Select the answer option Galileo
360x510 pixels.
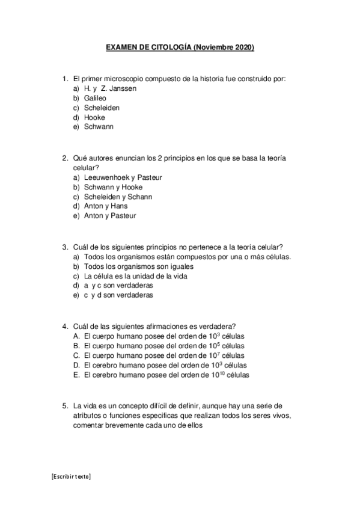pyautogui.click(x=96, y=98)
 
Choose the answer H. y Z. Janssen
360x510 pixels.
pyautogui.click(x=110, y=88)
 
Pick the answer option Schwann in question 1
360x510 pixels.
pyautogui.click(x=99, y=127)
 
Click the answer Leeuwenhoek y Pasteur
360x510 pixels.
pyautogui.click(x=123, y=177)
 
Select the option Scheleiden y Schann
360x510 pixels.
pyautogui.click(x=118, y=197)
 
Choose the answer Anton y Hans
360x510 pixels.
pyautogui.click(x=106, y=206)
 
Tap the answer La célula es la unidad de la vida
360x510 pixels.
pyautogui.click(x=136, y=276)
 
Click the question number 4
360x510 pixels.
pyautogui.click(x=65, y=326)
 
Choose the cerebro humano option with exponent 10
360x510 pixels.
pyautogui.click(x=166, y=375)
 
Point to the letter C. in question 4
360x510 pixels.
pyautogui.click(x=77, y=355)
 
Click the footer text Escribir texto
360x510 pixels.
pyautogui.click(x=71, y=476)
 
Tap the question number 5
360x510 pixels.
pyautogui.click(x=65, y=405)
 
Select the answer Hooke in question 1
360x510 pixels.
pyautogui.click(x=94, y=117)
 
